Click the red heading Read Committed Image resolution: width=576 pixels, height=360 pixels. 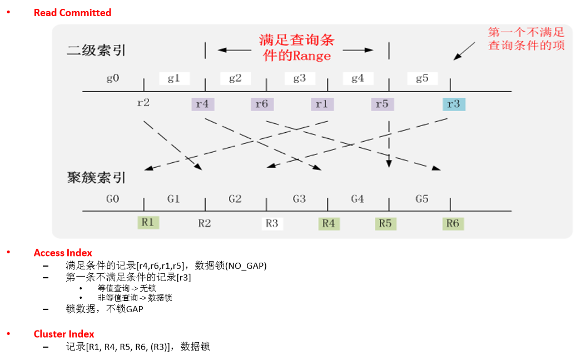72,12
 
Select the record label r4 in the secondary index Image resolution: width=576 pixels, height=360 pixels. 202,103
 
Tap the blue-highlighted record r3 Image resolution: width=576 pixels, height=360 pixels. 454,103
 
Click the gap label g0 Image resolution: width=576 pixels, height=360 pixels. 113,78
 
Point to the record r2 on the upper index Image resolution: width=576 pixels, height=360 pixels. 143,103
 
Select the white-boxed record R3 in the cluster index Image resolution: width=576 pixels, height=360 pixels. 272,223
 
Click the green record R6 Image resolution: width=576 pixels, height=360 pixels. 453,223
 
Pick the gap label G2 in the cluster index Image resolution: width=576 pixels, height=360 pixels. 235,199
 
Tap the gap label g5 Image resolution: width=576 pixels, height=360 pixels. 422,78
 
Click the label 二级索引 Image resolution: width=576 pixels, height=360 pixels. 96,51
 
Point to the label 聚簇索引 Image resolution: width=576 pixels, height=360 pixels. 96,178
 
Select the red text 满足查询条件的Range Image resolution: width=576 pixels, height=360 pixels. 296,48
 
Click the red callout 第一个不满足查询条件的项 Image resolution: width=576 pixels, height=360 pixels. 527,39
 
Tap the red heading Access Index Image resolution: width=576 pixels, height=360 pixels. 63,253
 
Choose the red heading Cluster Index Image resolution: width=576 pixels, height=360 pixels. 64,334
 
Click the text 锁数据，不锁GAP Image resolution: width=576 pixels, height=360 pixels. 104,309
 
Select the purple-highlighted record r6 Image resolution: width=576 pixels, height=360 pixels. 261,103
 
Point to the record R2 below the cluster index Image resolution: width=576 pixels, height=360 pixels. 205,223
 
